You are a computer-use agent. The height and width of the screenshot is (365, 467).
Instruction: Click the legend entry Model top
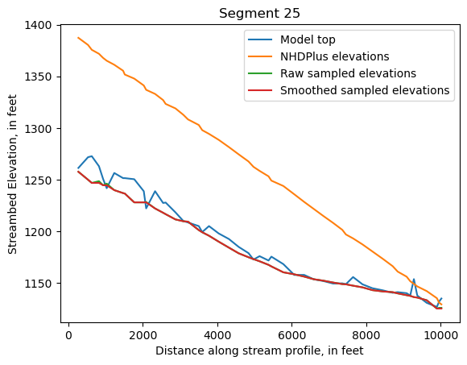(308, 40)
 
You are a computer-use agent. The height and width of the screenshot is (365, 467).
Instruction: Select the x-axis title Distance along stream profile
(258, 350)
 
